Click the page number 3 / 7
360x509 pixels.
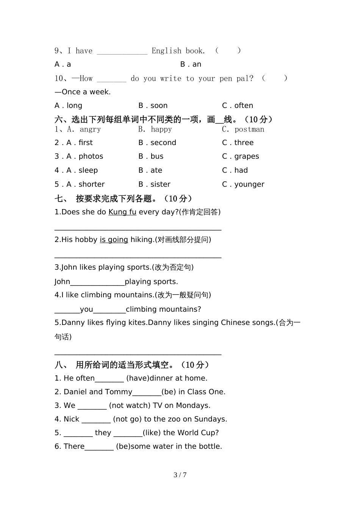[180, 475]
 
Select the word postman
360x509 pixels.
[249, 129]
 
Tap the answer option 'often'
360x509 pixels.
[244, 106]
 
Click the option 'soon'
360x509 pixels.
[159, 106]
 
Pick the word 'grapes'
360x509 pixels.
[247, 156]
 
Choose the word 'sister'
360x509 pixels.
[160, 184]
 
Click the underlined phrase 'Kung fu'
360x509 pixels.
[122, 212]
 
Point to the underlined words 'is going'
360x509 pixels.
[114, 240]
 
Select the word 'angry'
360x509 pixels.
[90, 129]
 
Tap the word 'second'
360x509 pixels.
[163, 143]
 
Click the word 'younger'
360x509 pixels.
[249, 184]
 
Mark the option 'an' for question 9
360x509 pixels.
[197, 64]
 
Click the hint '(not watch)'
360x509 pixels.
[130, 406]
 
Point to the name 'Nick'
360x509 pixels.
[71, 419]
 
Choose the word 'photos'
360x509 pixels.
[91, 156]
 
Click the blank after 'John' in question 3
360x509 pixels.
[97, 282]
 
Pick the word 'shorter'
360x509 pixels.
[92, 184]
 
